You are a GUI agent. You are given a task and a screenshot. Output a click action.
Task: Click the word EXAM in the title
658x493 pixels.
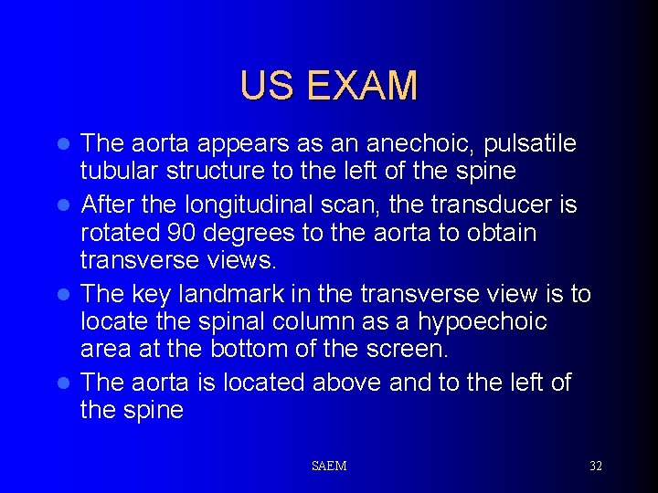363,86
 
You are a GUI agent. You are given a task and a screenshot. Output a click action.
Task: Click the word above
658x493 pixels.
345,382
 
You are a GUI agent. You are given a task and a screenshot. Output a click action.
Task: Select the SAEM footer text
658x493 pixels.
329,467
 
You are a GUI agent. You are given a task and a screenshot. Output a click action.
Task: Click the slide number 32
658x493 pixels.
596,467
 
